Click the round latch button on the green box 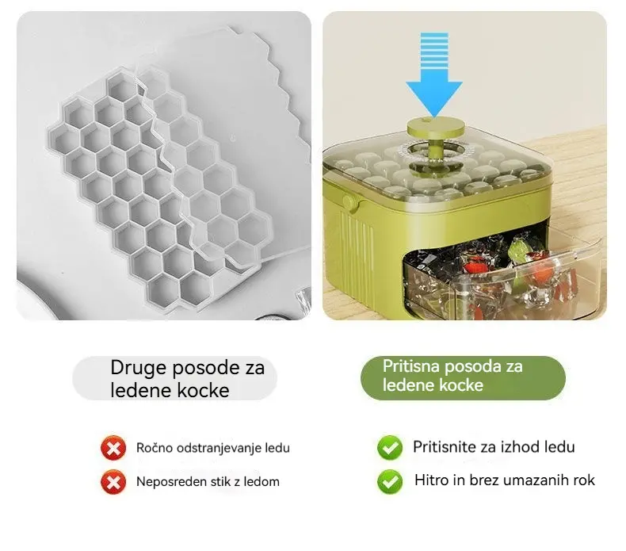pos(350,203)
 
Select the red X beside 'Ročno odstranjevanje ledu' pos(113,448)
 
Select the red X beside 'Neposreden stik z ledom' pos(113,482)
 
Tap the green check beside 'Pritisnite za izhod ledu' pos(390,447)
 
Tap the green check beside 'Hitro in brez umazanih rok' pos(390,481)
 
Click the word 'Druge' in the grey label pos(138,368)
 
